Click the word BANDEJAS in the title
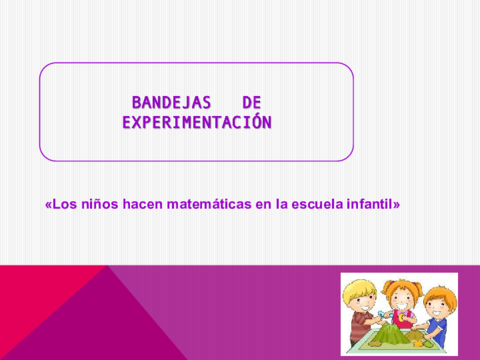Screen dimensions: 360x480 [x=167, y=103]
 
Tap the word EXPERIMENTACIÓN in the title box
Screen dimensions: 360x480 [x=196, y=123]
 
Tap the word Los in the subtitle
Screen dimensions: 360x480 [x=63, y=203]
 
